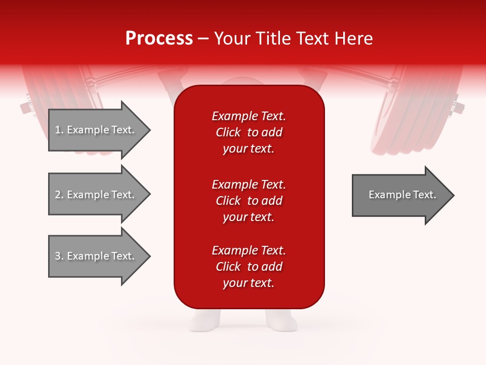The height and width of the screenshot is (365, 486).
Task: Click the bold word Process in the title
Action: tap(159, 39)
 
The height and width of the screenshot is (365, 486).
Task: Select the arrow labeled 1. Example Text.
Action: tap(96, 130)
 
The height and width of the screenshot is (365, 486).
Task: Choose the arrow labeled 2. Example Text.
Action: tap(96, 195)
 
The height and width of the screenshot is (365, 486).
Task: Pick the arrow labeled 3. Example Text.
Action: tap(96, 256)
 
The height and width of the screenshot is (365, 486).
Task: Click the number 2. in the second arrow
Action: tap(59, 195)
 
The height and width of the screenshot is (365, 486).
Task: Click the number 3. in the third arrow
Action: tap(59, 256)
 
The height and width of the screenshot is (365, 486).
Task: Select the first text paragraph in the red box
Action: tap(249, 132)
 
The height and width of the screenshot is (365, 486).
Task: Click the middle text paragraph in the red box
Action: tap(249, 201)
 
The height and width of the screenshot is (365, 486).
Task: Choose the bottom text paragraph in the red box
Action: tap(249, 267)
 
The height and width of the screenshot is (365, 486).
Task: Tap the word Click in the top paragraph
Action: tap(228, 132)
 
